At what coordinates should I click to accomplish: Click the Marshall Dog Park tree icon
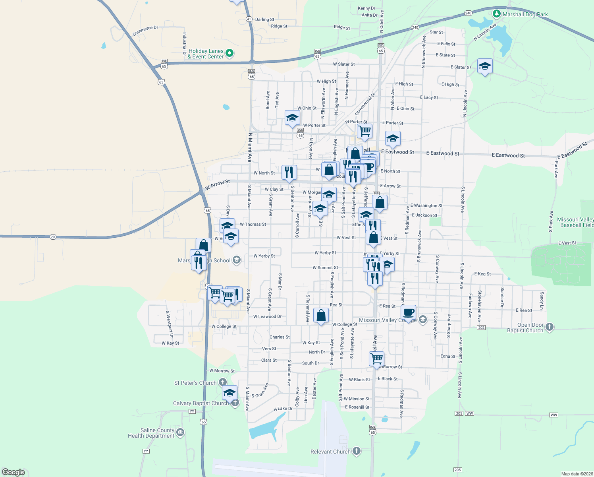(x=496, y=14)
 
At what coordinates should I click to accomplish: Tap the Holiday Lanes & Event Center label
(x=206, y=54)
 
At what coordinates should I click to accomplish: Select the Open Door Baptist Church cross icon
(x=550, y=327)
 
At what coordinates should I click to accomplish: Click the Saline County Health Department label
(x=151, y=433)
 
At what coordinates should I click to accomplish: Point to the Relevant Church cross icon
(x=357, y=451)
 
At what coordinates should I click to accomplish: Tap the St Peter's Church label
(x=195, y=383)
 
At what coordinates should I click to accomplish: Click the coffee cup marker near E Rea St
(x=408, y=312)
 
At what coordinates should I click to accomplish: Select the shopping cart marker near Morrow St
(x=376, y=358)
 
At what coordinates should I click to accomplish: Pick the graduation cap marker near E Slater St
(x=485, y=66)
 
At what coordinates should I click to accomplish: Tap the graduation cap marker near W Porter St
(x=292, y=118)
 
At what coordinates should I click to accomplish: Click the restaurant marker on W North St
(x=289, y=172)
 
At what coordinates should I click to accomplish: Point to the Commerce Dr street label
(x=145, y=31)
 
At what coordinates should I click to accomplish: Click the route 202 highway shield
(x=481, y=328)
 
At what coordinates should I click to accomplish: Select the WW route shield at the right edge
(x=553, y=415)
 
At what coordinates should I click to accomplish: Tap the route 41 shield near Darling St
(x=249, y=19)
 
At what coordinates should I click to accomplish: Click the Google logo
(x=13, y=472)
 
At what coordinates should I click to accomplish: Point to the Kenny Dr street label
(x=366, y=8)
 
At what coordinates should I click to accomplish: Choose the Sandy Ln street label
(x=542, y=301)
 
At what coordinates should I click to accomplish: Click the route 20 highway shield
(x=53, y=237)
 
